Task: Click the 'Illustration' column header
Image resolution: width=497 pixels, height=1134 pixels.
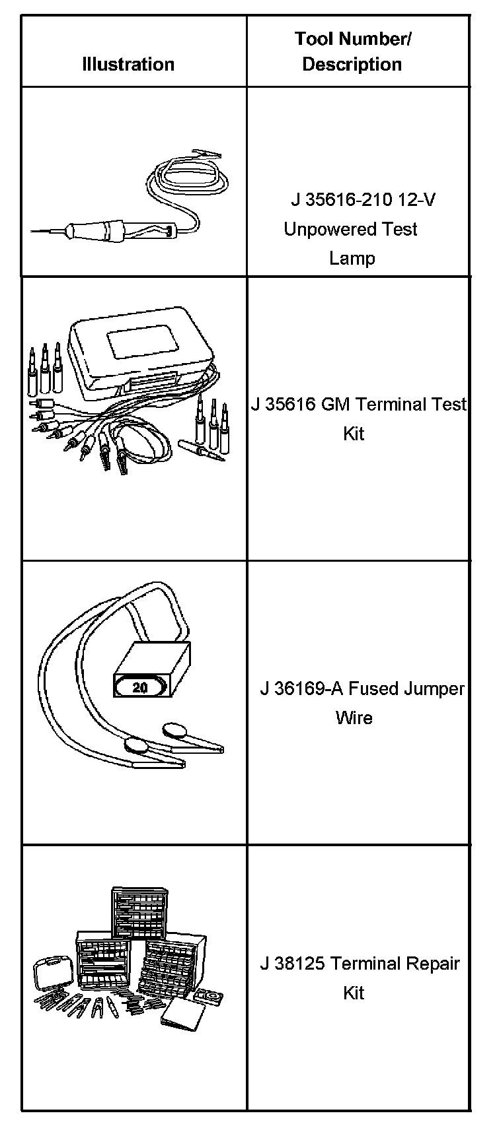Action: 128,64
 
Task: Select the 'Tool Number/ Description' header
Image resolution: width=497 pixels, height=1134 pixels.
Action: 353,51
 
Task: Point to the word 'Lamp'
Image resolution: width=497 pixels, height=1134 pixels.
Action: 352,258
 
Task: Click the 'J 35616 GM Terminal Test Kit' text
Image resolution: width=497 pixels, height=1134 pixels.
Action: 358,418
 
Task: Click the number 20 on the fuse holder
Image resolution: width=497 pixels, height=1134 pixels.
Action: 140,687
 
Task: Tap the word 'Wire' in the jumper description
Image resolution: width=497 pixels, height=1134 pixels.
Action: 354,717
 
